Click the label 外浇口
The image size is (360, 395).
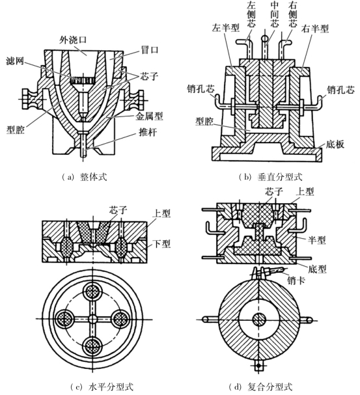[73, 40]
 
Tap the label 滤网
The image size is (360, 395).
[14, 61]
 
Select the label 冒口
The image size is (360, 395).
[150, 49]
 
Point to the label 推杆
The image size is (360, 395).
[148, 132]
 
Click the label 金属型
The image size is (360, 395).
[149, 116]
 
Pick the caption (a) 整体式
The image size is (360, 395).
[84, 176]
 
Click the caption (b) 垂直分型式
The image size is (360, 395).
[270, 177]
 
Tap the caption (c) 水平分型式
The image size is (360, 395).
[102, 387]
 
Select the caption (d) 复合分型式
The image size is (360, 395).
[260, 387]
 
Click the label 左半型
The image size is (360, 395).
[225, 27]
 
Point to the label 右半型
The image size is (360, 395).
[315, 29]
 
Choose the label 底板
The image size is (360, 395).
[335, 144]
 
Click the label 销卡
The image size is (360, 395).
[296, 280]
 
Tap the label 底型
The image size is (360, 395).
[317, 269]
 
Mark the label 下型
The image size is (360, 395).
[161, 243]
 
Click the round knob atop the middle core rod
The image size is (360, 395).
[265, 38]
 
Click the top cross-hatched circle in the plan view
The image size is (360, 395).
[93, 292]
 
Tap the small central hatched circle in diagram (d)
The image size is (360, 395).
[260, 320]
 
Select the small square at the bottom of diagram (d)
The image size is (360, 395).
[258, 366]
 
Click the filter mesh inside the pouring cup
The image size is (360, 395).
[82, 80]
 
